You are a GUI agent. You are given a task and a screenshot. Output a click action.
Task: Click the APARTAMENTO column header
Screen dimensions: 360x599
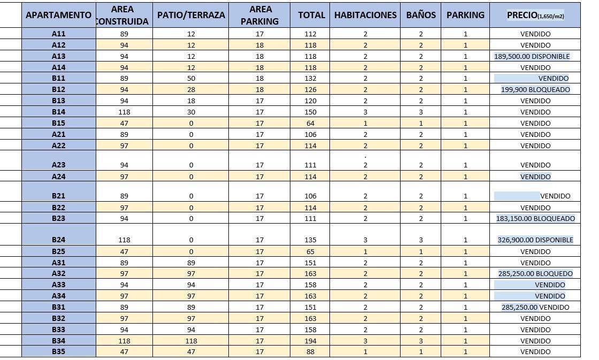tap(59, 15)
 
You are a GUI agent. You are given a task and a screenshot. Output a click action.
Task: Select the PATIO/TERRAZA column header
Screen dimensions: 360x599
tap(191, 15)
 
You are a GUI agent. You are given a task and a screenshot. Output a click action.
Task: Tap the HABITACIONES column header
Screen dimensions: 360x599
tap(365, 15)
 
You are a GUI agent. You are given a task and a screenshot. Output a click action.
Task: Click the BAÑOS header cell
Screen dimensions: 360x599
tap(420, 15)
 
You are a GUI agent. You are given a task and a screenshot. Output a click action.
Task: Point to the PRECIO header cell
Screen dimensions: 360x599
tap(535, 15)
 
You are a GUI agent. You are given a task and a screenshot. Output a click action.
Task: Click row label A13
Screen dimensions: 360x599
tap(59, 56)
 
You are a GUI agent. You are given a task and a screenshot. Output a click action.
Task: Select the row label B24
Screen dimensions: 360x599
tap(59, 240)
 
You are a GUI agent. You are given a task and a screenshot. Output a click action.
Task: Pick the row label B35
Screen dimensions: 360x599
tap(59, 351)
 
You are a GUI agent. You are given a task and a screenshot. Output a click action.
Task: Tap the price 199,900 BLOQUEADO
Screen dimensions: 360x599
tap(535, 89)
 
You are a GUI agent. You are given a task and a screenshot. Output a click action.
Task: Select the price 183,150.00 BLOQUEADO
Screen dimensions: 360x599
tap(535, 218)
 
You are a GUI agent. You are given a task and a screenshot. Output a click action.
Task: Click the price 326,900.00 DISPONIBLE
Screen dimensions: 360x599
tap(535, 240)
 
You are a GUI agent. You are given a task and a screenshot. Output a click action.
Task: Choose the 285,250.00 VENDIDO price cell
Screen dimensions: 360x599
tap(535, 307)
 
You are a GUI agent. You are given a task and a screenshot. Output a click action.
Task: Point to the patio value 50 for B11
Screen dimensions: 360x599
tap(191, 79)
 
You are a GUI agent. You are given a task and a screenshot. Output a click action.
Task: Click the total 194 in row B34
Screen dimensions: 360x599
tap(311, 341)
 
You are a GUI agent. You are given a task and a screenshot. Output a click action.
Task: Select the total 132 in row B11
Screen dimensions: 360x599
tap(311, 79)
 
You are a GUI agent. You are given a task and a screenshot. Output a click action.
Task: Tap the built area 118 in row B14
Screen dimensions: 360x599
tap(124, 112)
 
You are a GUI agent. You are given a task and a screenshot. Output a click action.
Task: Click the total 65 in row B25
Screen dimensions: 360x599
tap(311, 251)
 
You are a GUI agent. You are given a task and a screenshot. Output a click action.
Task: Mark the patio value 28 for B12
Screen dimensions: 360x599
tap(191, 89)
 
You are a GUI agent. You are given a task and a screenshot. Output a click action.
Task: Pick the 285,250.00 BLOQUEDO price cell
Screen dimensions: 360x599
tap(535, 273)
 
